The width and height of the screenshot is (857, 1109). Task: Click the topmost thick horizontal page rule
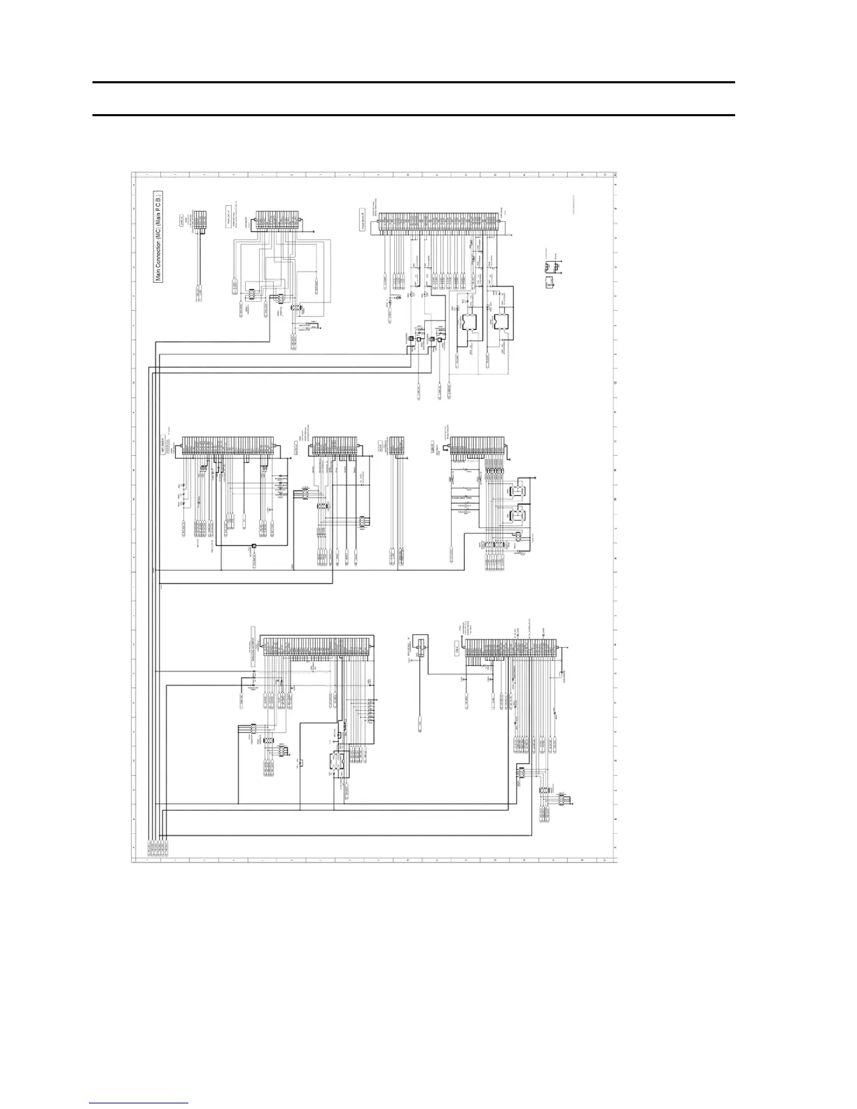(414, 83)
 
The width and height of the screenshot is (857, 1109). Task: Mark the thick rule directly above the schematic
(414, 116)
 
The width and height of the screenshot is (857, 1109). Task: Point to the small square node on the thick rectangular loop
(253, 546)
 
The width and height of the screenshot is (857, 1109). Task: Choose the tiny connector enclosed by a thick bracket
(421, 647)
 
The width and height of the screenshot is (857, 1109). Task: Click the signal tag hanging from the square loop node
(256, 559)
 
